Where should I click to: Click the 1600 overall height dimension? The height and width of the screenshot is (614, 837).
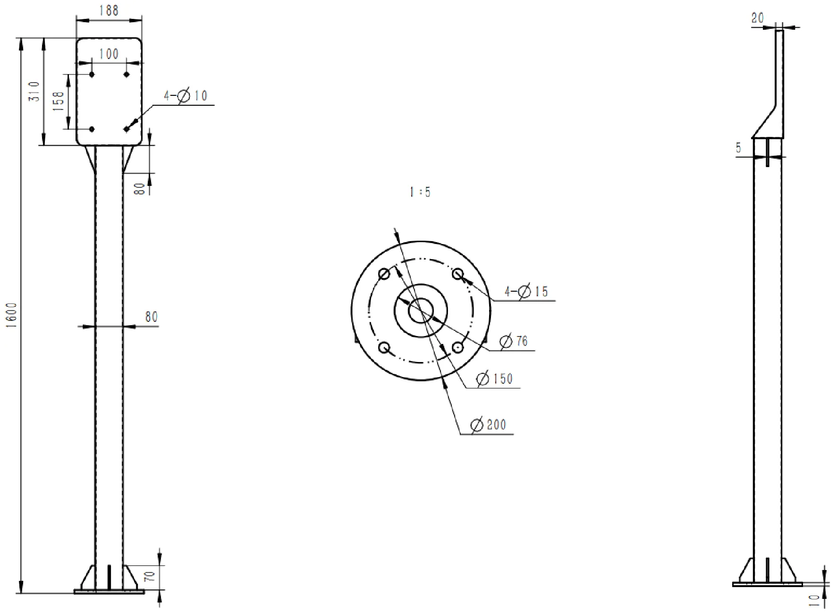(x=13, y=312)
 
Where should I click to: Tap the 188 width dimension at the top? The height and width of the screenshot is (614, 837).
(x=109, y=10)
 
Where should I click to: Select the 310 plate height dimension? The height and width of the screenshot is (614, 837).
(x=34, y=92)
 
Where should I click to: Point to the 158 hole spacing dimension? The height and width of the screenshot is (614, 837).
(x=59, y=101)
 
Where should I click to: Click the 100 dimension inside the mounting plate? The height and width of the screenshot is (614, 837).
(x=109, y=54)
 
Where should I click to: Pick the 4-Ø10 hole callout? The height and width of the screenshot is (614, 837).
(x=186, y=96)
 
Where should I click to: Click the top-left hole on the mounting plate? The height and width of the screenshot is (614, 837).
(x=92, y=75)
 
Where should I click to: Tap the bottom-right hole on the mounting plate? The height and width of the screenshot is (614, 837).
(x=127, y=129)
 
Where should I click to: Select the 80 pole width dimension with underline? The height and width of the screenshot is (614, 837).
(x=151, y=317)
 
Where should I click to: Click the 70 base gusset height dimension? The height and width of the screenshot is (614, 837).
(x=150, y=577)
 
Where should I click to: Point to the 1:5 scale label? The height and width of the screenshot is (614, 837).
(x=420, y=192)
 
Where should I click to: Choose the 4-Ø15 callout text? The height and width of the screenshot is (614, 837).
(x=526, y=292)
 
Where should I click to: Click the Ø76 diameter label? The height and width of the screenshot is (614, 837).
(x=513, y=341)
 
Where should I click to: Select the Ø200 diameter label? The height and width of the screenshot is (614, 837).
(x=488, y=425)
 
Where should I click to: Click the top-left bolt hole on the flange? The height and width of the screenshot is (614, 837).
(x=384, y=274)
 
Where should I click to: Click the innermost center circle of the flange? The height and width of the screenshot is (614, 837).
(x=421, y=311)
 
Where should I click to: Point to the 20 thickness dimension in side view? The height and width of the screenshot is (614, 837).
(x=757, y=18)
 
